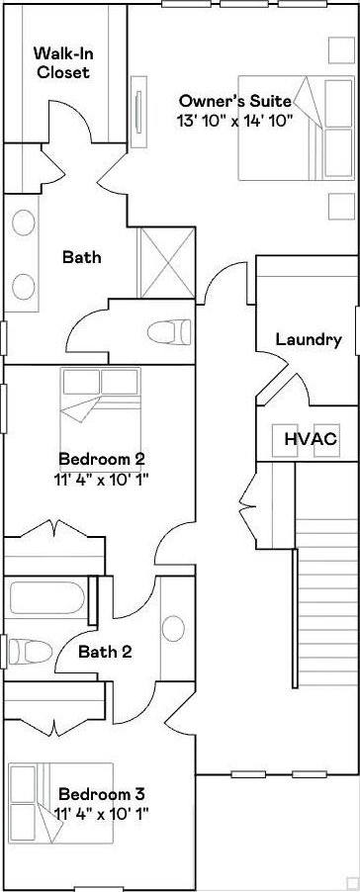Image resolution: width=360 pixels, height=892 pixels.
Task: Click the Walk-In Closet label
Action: pyautogui.click(x=61, y=62)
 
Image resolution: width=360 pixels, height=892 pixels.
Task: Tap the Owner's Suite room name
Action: pyautogui.click(x=235, y=101)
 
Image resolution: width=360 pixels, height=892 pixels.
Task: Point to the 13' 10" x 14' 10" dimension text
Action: pyautogui.click(x=234, y=120)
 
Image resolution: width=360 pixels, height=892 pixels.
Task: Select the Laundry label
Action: pyautogui.click(x=309, y=339)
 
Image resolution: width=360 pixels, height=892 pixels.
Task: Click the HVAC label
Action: pyautogui.click(x=312, y=439)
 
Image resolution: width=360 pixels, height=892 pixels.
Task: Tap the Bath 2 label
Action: pyautogui.click(x=105, y=652)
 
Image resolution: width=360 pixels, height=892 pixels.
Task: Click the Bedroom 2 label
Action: pyautogui.click(x=102, y=458)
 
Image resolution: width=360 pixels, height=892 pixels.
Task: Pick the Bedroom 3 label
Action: pyautogui.click(x=102, y=793)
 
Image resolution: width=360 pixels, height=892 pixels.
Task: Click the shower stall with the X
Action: pyautogui.click(x=166, y=262)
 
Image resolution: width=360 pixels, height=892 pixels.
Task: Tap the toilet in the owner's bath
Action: pyautogui.click(x=169, y=331)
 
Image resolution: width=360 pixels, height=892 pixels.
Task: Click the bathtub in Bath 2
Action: pyautogui.click(x=46, y=598)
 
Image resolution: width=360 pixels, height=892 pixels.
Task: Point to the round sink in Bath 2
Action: pyautogui.click(x=173, y=629)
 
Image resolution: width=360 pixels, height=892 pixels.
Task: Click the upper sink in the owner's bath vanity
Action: pyautogui.click(x=24, y=222)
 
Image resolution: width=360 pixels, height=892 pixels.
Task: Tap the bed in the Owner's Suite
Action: pyautogui.click(x=297, y=128)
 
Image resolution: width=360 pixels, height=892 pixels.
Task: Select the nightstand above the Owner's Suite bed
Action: pyautogui.click(x=341, y=50)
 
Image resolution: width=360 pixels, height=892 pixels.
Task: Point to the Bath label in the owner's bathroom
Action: pyautogui.click(x=82, y=257)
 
